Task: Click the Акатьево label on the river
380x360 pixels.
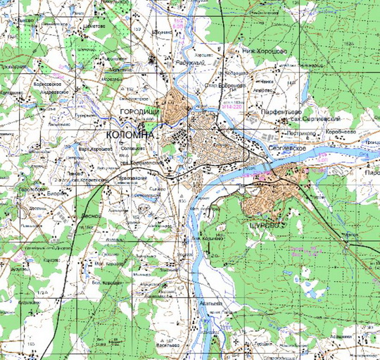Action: coord(211,304)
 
